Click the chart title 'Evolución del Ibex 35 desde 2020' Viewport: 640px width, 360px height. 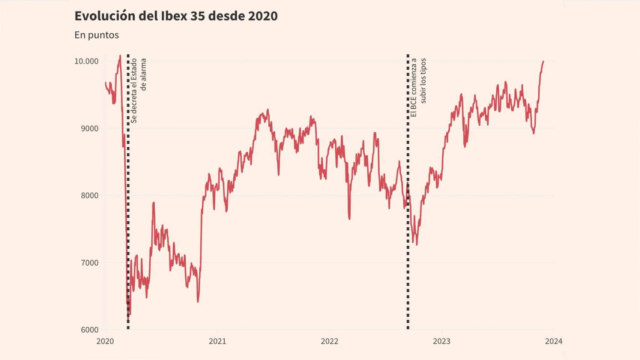coord(176,16)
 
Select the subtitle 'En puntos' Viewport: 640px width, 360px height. coord(96,35)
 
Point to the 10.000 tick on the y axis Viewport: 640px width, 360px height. coord(86,61)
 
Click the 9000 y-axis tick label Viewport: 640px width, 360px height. coord(90,128)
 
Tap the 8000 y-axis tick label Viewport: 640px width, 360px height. coord(90,195)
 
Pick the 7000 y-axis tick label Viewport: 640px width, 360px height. coord(90,262)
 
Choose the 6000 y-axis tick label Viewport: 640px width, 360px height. coord(90,330)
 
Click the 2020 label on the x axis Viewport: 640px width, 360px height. coord(105,341)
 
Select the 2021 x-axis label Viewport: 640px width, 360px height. coord(217,341)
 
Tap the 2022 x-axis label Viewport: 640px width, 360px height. coord(329,341)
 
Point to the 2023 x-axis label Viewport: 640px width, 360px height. coord(442,341)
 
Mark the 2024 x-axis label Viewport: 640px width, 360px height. coord(554,341)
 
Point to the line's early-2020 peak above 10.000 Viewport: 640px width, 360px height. coord(120,56)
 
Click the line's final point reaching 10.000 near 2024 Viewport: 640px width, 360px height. coord(543,61)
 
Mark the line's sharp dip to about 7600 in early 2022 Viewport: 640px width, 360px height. coord(349,218)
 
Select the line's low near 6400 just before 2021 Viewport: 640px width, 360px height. coord(198,301)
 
